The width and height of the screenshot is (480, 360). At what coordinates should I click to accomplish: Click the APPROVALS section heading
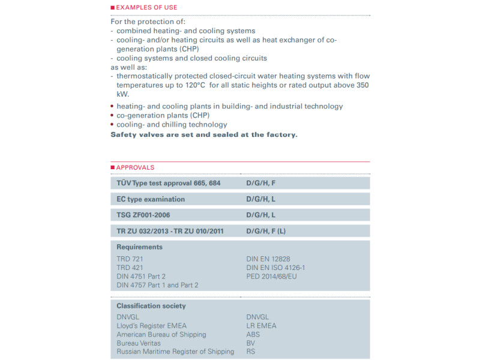[135, 167]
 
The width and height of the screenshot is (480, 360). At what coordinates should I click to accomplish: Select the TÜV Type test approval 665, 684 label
[169, 183]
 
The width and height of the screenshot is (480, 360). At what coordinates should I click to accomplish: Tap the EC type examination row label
[151, 199]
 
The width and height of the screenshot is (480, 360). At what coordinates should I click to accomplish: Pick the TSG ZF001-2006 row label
[147, 215]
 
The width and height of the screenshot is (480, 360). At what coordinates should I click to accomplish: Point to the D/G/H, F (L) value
[269, 231]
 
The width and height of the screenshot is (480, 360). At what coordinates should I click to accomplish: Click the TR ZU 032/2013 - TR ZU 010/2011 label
[170, 231]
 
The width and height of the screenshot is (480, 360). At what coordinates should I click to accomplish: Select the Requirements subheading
[139, 247]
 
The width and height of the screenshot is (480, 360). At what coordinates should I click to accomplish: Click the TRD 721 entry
[130, 259]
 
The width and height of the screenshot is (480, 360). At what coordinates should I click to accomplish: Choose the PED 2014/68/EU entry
[271, 276]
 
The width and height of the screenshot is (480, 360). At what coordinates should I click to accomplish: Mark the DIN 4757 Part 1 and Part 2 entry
[157, 285]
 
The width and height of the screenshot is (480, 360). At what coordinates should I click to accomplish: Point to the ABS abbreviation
[253, 335]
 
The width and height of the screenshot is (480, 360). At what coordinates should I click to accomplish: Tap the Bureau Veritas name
[139, 343]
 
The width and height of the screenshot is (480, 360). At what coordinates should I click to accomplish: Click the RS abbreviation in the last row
[251, 352]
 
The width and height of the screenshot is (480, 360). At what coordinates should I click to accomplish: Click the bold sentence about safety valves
[204, 134]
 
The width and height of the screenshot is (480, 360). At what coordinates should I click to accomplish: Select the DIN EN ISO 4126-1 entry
[280, 268]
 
